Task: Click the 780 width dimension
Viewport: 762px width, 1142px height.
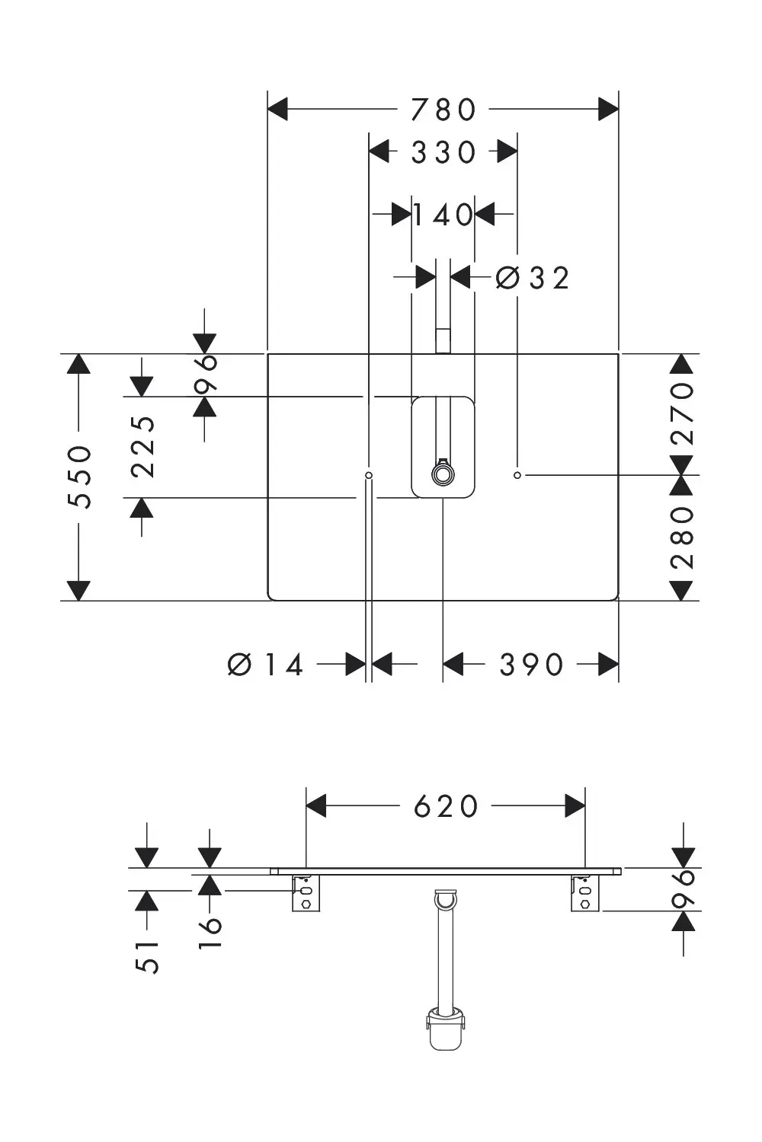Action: point(443,110)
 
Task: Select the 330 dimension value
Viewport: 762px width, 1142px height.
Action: point(443,152)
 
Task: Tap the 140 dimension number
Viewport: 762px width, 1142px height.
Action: point(443,215)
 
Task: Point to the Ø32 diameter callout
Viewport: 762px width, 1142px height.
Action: point(533,279)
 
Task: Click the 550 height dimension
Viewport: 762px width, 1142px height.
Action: point(79,477)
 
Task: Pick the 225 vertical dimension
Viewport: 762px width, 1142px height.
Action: point(142,447)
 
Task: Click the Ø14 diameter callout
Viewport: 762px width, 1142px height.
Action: point(265,665)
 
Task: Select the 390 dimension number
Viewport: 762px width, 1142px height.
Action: point(531,665)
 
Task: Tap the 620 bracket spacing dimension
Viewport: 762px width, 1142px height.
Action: point(446,806)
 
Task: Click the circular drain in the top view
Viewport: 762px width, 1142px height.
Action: point(442,474)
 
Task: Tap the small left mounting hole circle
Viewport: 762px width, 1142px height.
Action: point(369,475)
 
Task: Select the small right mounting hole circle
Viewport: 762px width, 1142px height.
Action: point(517,475)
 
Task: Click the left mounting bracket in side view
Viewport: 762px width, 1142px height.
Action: point(306,893)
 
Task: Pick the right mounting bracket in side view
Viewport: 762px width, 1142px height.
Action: point(585,893)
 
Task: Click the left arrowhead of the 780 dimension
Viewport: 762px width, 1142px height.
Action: point(278,109)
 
